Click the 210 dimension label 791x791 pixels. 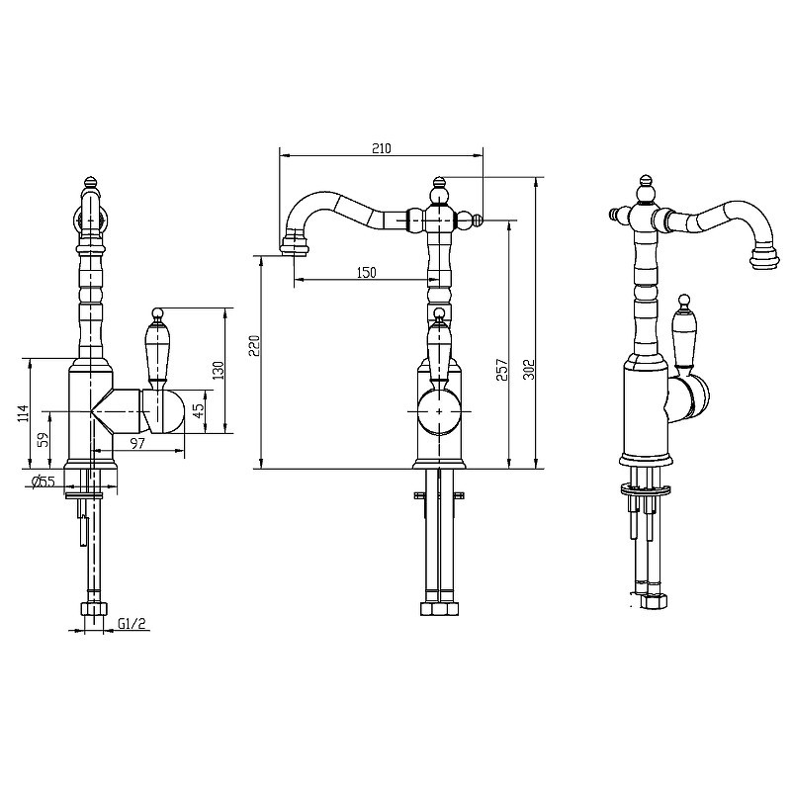pos(382,148)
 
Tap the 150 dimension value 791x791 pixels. pos(366,273)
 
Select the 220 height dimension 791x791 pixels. pos(255,345)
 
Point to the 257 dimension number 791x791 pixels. pos(502,369)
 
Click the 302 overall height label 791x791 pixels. pos(528,369)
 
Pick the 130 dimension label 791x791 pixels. pos(218,371)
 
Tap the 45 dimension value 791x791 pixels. pos(200,411)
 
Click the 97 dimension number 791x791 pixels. pos(137,443)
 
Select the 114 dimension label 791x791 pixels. pos(23,413)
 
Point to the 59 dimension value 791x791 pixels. pos(44,440)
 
